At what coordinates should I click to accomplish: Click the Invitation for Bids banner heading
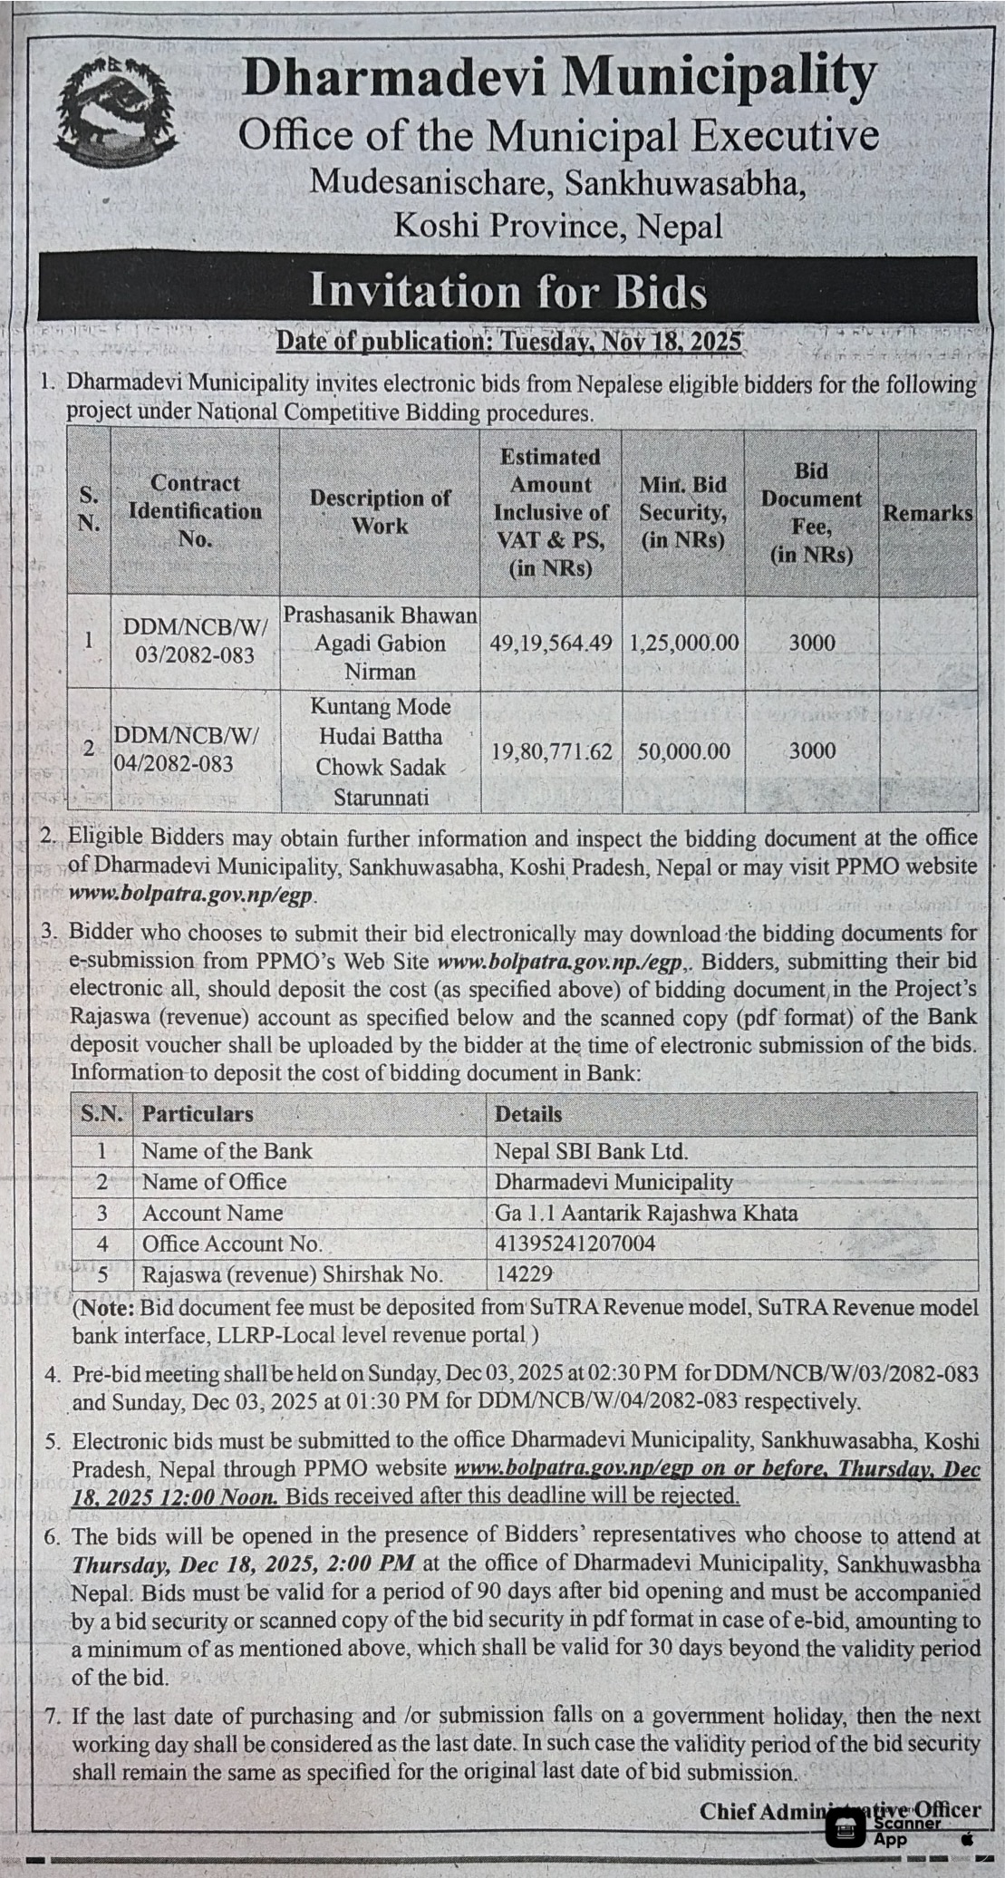click(507, 292)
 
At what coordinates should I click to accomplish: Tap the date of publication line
click(508, 342)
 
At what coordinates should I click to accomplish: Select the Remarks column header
click(927, 513)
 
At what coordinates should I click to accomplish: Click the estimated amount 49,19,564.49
click(550, 643)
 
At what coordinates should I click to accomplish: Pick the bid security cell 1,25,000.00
click(683, 643)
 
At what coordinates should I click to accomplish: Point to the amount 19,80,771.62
click(550, 751)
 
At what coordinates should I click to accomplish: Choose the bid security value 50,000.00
click(683, 751)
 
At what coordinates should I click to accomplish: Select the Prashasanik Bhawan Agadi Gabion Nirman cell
click(380, 643)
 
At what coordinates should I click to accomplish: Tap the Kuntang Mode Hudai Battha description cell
click(380, 751)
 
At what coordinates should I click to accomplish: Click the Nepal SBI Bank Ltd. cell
click(591, 1151)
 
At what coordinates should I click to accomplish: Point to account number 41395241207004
click(575, 1244)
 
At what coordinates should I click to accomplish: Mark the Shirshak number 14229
click(524, 1274)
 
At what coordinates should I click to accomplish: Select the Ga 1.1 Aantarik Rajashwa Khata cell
click(645, 1213)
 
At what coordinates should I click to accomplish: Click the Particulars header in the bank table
click(198, 1114)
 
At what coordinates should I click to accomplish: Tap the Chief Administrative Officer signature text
click(839, 1810)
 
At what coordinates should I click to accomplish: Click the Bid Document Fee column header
click(811, 512)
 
